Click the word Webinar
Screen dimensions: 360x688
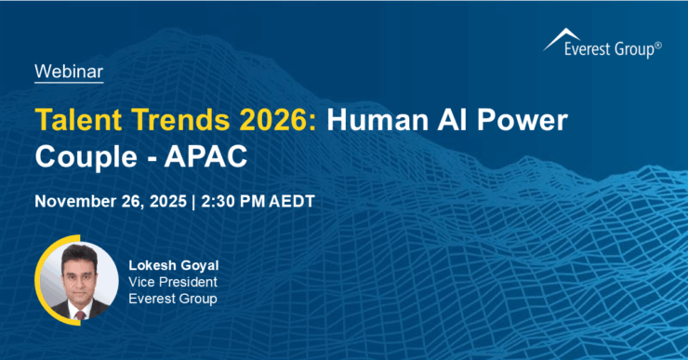point(68,71)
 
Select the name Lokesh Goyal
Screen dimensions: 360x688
point(170,265)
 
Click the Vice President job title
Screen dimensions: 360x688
point(170,282)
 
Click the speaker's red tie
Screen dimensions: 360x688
point(81,313)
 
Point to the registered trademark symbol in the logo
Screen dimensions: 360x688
point(658,45)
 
